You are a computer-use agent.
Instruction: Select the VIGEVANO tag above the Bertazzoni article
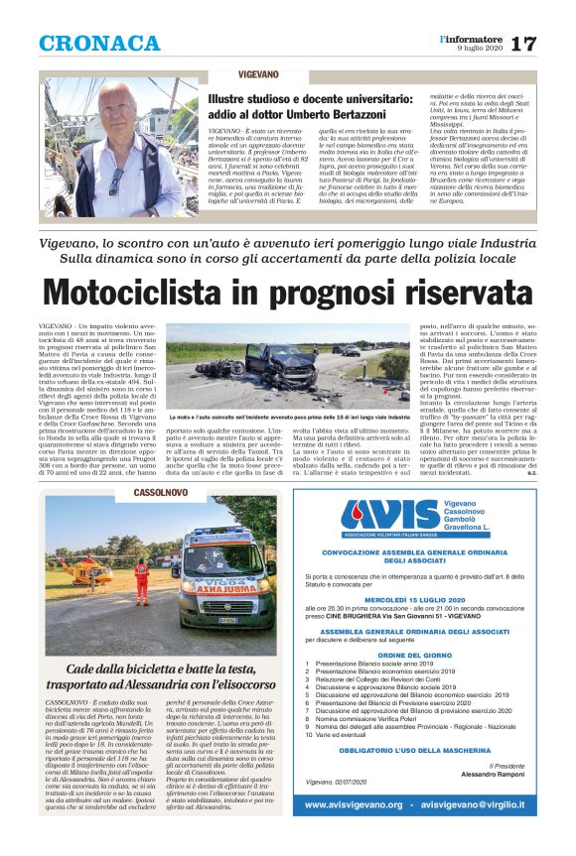258,74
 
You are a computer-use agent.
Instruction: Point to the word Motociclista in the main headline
173,293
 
